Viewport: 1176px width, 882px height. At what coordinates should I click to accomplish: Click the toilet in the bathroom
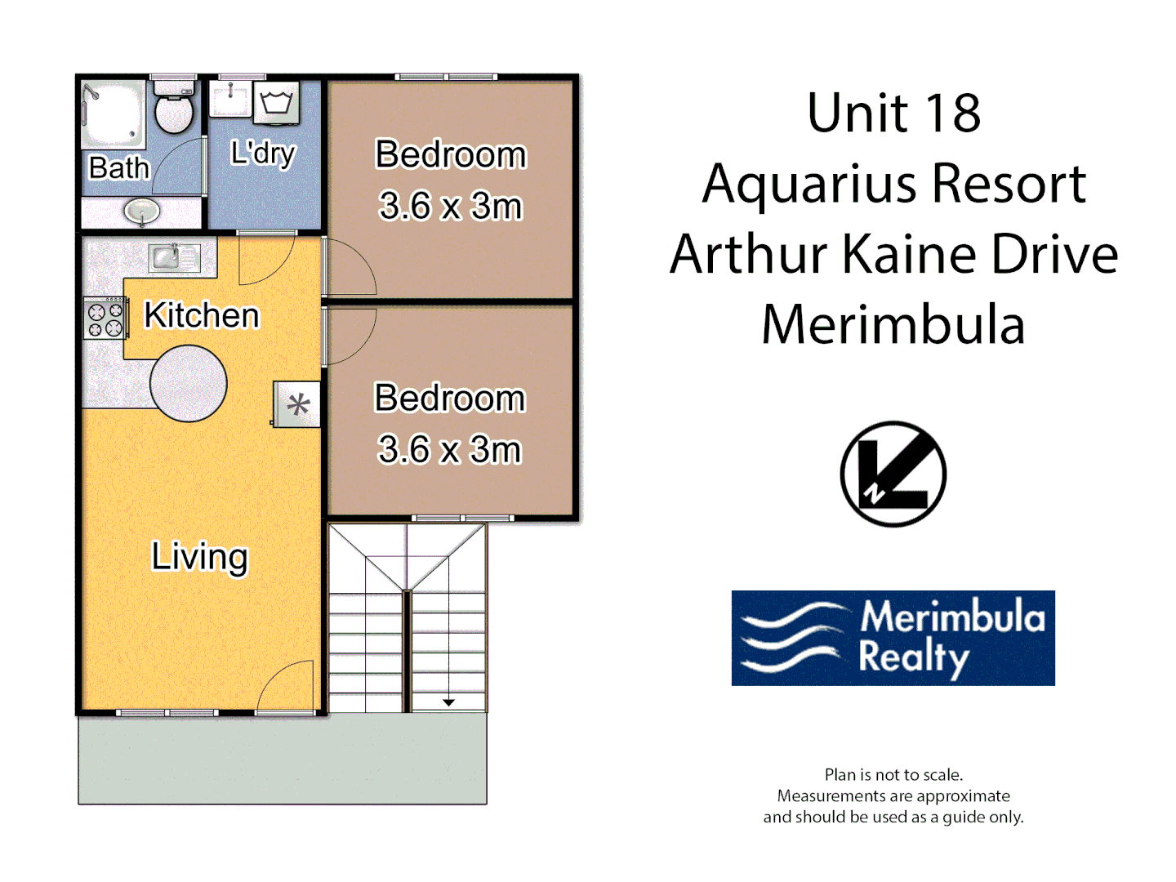point(174,109)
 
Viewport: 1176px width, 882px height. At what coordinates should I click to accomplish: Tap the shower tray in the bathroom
point(113,114)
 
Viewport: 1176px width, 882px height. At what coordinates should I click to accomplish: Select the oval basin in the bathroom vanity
point(142,212)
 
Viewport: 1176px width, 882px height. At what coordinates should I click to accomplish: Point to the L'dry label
point(262,153)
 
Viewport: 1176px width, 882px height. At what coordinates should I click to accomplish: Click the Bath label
point(119,167)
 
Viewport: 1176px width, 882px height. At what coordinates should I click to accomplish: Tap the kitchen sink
point(168,257)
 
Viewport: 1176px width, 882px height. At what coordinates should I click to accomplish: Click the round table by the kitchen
point(189,383)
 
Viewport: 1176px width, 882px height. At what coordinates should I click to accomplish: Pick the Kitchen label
point(201,315)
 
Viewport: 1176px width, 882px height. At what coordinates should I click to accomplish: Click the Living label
point(199,557)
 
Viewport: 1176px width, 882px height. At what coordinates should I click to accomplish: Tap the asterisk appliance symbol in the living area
point(297,404)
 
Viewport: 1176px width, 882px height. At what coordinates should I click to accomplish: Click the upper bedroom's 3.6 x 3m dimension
point(450,206)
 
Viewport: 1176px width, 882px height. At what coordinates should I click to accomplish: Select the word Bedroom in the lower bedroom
point(449,398)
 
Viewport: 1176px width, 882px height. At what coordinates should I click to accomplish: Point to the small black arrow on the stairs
point(448,702)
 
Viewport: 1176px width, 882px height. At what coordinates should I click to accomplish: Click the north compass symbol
point(893,474)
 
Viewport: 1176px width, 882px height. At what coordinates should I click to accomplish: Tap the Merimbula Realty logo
point(893,638)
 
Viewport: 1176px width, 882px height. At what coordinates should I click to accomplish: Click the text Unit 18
point(893,113)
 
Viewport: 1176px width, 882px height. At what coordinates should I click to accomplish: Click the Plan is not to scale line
point(893,774)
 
